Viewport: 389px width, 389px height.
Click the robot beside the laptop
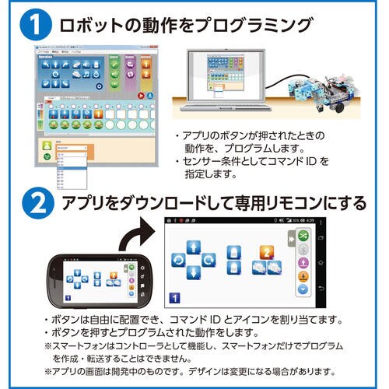point(323,91)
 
